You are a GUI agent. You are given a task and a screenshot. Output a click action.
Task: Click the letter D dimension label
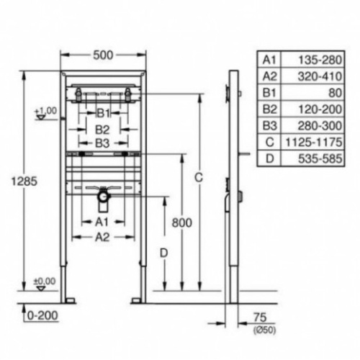164,253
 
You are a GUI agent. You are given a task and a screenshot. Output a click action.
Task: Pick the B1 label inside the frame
103,113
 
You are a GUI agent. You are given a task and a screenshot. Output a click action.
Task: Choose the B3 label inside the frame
103,144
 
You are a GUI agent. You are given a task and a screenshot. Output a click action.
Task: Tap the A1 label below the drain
101,222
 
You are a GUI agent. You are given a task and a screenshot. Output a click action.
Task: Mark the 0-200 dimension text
41,315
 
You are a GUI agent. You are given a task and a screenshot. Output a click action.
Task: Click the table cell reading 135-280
305,58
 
